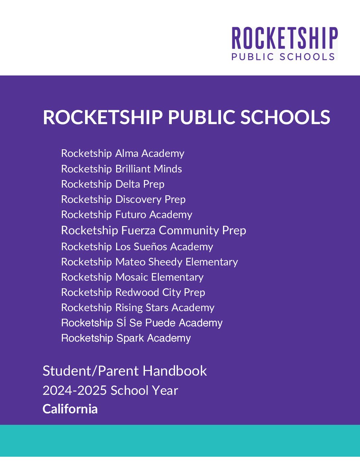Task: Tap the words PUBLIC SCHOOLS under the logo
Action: [x=283, y=57]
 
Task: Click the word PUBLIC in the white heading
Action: [x=202, y=117]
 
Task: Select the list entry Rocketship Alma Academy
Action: [x=122, y=154]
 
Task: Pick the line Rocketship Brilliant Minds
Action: [x=121, y=169]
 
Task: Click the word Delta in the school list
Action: [x=128, y=184]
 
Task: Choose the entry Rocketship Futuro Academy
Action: [x=126, y=214]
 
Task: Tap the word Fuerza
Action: [x=138, y=230]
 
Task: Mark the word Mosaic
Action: [x=132, y=277]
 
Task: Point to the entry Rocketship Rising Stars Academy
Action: [x=138, y=307]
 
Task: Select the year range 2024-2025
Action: [x=75, y=391]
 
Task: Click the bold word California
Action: [x=70, y=409]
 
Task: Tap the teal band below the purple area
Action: [x=180, y=441]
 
